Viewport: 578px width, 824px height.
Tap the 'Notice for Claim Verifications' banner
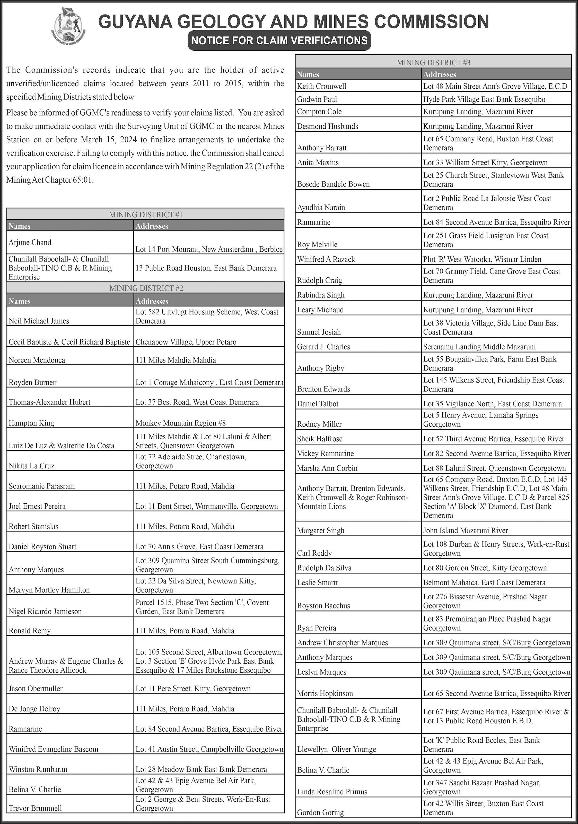point(279,40)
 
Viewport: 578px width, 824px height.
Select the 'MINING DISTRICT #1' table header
point(146,214)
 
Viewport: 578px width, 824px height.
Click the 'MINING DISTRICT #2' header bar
point(146,288)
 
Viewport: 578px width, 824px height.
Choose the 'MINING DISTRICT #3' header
point(433,63)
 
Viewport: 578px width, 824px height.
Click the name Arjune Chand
point(30,242)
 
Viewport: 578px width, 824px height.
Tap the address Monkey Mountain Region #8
point(180,423)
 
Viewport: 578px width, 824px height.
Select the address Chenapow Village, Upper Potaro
point(186,342)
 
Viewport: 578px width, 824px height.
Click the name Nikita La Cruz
point(32,466)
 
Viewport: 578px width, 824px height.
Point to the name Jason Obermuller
point(36,688)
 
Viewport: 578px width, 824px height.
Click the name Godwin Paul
point(317,99)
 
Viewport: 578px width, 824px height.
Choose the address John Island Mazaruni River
point(465,530)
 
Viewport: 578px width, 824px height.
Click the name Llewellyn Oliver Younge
point(336,749)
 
